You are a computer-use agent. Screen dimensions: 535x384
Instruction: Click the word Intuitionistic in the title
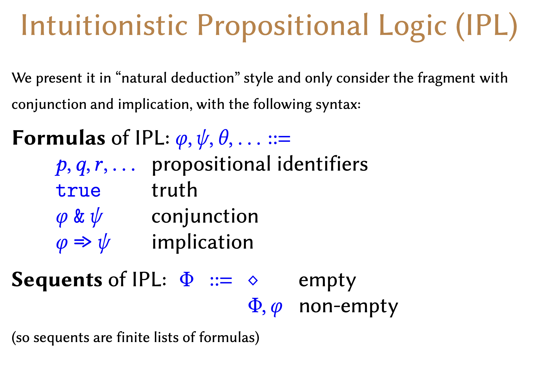[x=105, y=25]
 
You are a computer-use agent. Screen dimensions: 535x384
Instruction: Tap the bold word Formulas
[x=59, y=138]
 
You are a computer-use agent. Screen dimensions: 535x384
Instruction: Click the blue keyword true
[x=78, y=190]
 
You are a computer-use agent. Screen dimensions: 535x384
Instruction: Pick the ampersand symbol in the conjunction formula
[x=79, y=216]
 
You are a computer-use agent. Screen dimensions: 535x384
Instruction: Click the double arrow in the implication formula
[x=83, y=242]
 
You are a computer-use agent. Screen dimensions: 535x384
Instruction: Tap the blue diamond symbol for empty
[x=253, y=281]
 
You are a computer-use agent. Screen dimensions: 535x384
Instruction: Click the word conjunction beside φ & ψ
[x=205, y=217]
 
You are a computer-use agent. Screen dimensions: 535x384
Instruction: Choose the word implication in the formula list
[x=203, y=242]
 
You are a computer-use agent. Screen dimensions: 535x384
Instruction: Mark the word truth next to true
[x=174, y=190]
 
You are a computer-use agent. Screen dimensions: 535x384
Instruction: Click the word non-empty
[x=348, y=307]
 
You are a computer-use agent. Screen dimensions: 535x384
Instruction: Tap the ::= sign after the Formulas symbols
[x=279, y=139]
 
